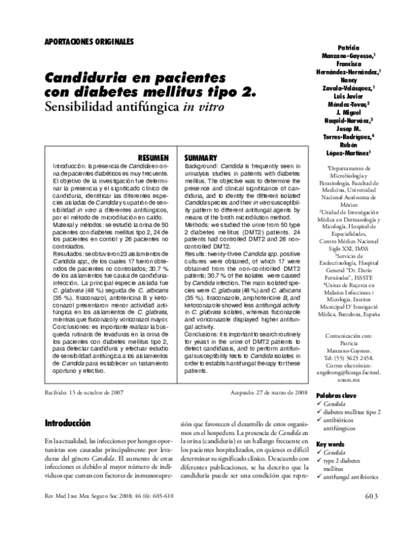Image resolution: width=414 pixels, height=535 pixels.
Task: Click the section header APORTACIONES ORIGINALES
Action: coord(89,41)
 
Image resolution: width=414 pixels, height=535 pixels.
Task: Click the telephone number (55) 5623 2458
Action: coord(352,357)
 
